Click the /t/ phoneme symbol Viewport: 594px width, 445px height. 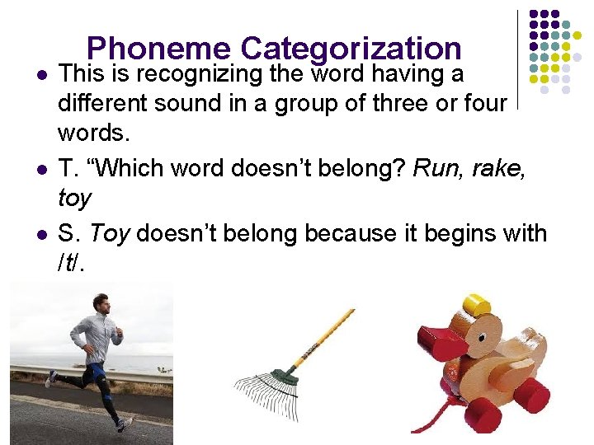point(71,265)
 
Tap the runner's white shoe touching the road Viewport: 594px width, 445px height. point(124,424)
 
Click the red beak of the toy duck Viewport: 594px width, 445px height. point(441,341)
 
